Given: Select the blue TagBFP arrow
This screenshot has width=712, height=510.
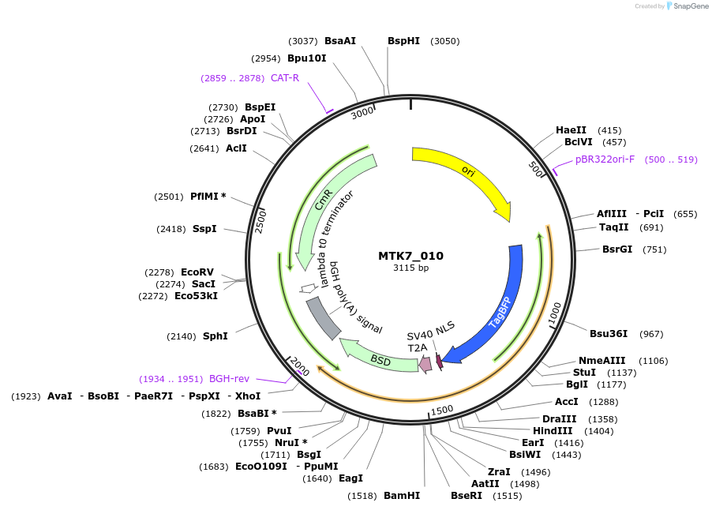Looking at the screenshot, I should coord(497,308).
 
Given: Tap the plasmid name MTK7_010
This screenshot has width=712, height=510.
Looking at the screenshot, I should coord(410,256).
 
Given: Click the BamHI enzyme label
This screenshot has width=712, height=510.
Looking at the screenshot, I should coord(401,496).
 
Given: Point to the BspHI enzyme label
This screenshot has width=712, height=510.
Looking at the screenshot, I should coord(403,41).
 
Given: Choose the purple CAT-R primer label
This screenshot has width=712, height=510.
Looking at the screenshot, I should coord(285,77).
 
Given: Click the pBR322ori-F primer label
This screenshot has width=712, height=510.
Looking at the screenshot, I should coord(605,159).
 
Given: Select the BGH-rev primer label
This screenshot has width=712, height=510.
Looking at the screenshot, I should coord(229,379).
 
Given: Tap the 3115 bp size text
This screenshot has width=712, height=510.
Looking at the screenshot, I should coord(410,268).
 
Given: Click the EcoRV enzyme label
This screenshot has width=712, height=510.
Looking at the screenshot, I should coord(197,272).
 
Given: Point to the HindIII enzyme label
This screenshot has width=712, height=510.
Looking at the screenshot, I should coord(553,431).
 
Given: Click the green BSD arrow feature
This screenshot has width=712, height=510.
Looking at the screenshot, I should coord(379,360).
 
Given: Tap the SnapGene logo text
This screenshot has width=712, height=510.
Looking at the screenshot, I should coord(691,6).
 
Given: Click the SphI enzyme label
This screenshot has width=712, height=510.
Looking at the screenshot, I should coord(215,336).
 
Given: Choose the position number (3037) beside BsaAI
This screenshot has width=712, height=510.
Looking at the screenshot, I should coord(303,41).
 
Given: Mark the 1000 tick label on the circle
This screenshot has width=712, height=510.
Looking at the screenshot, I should coord(554,313).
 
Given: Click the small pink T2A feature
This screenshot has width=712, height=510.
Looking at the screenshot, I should coord(425,364).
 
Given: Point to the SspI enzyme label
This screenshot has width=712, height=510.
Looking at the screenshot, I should coord(204,229).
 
